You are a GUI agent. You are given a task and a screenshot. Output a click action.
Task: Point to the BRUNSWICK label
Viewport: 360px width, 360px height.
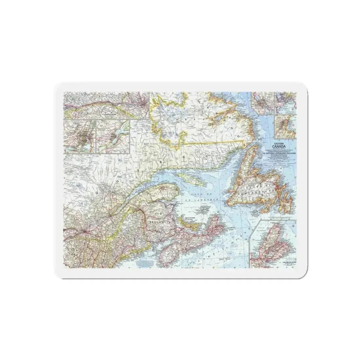click(x=157, y=222)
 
